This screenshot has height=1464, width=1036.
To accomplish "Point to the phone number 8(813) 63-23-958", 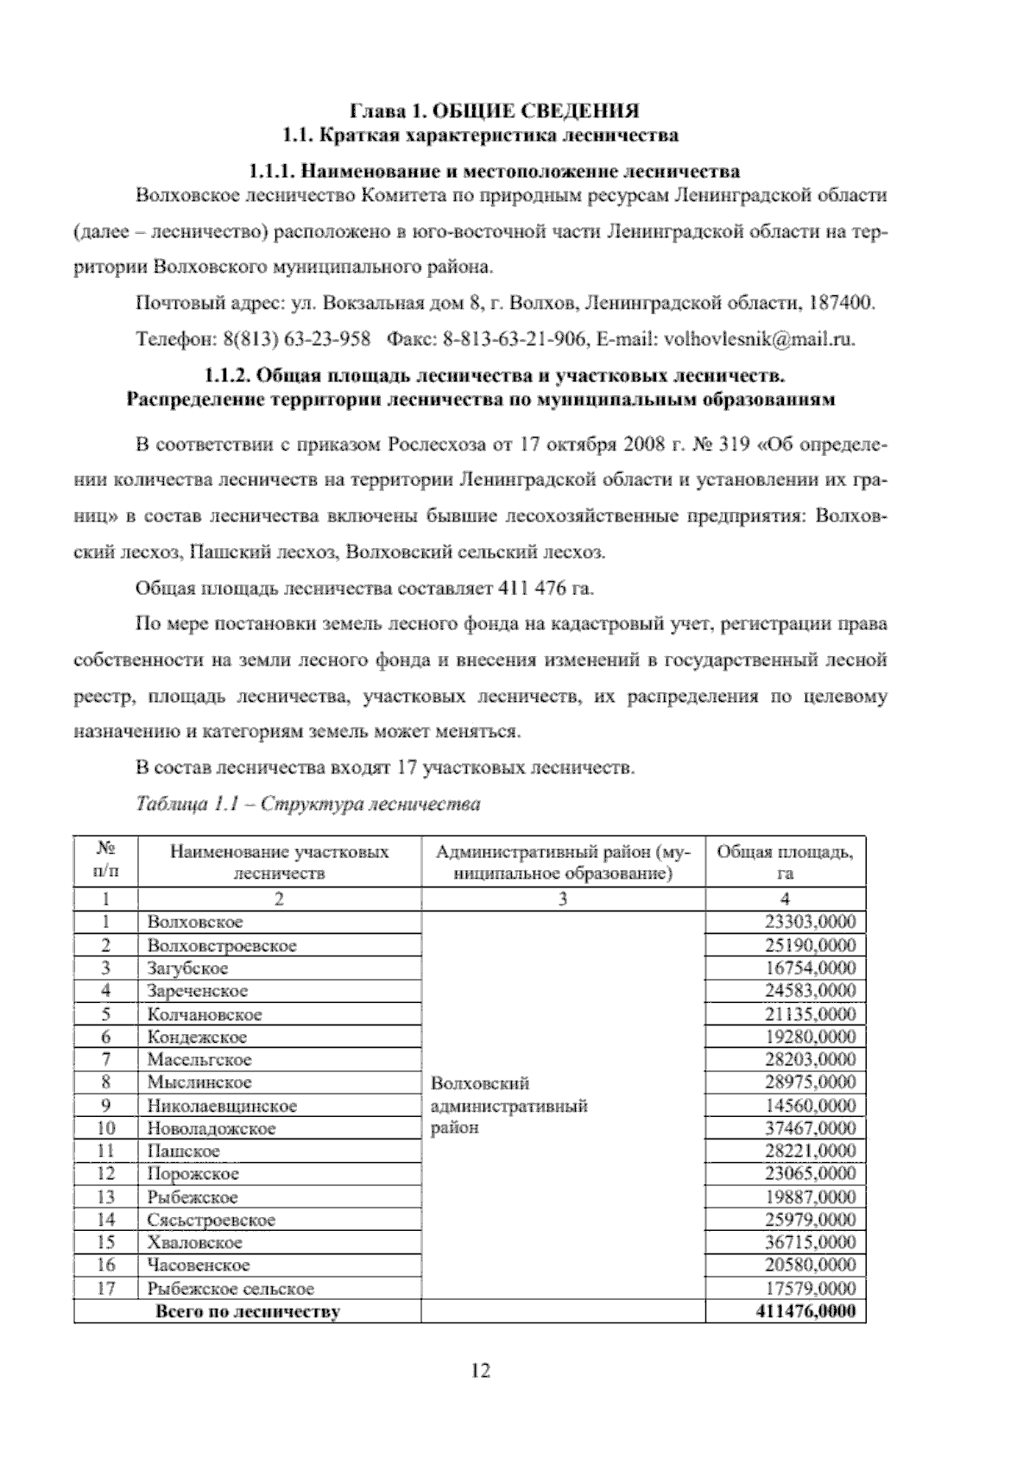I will [x=297, y=338].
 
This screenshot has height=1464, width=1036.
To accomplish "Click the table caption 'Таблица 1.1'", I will [x=187, y=805].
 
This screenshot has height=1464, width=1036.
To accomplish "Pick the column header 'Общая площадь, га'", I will [x=785, y=861].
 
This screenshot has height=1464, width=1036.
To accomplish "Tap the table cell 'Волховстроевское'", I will [x=222, y=945].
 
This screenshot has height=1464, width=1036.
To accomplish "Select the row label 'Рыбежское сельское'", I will [x=231, y=1289].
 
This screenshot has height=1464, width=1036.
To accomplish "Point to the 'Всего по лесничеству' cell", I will [x=247, y=1312].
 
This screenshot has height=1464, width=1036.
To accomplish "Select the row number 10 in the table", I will [x=106, y=1128].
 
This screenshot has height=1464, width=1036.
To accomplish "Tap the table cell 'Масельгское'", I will [x=199, y=1059].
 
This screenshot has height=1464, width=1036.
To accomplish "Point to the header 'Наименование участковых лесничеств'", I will [x=279, y=861].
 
